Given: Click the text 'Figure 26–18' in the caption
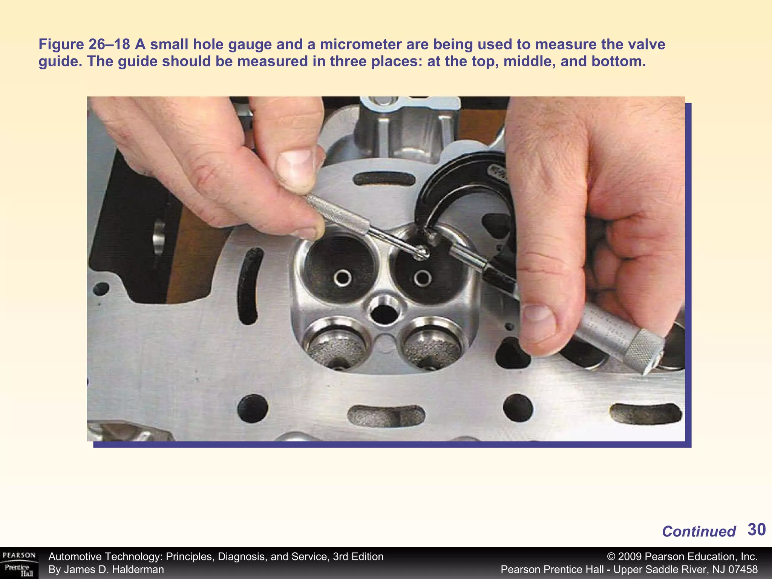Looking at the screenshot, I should (x=84, y=44).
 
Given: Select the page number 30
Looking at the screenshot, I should (x=756, y=530).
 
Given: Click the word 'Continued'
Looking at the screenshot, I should (x=698, y=532).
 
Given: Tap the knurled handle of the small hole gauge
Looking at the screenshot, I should (x=339, y=215).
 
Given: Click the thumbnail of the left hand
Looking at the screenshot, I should (x=296, y=168).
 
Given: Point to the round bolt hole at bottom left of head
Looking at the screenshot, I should (x=253, y=408).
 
